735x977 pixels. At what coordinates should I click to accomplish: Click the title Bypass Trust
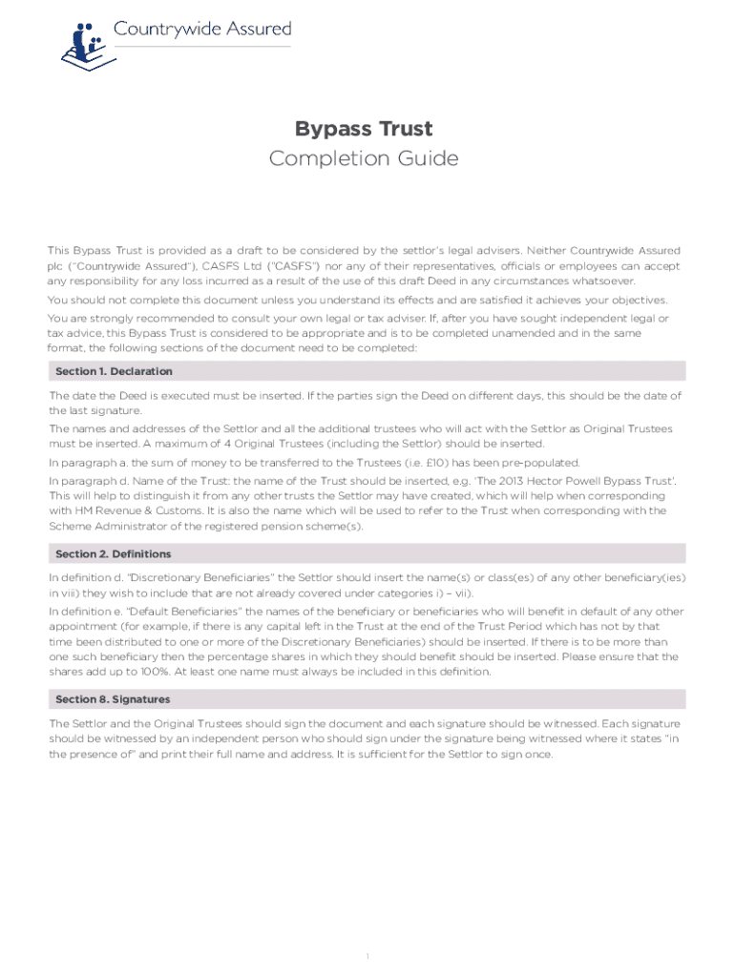(364, 129)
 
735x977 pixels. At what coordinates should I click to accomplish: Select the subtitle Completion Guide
(364, 158)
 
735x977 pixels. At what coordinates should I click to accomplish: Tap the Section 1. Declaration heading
(114, 371)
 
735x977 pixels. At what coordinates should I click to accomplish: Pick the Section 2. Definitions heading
(114, 553)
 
